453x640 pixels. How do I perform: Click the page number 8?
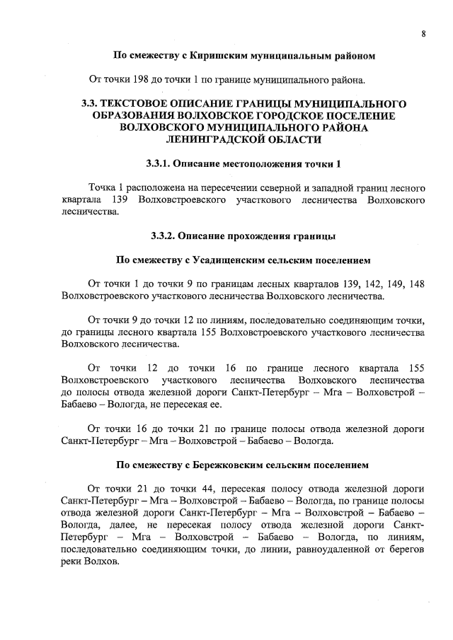[x=423, y=33]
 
